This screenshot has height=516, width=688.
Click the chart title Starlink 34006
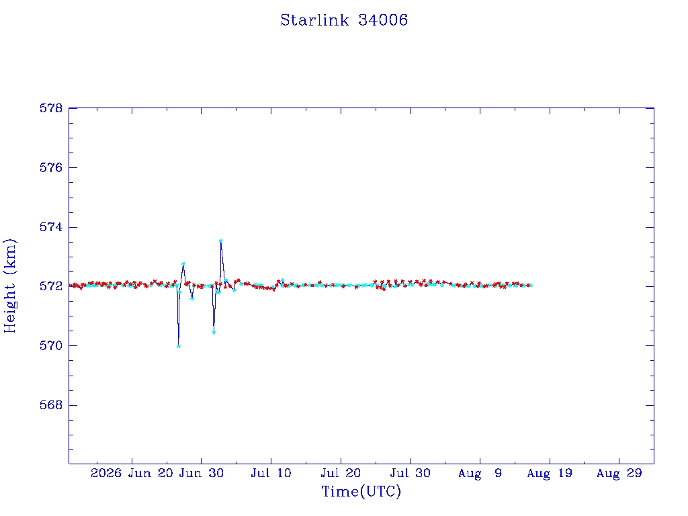344,20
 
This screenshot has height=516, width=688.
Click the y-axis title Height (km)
9,286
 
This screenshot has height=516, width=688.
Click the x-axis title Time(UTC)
361,491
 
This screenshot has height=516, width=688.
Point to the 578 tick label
51,108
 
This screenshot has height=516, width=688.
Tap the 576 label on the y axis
51,167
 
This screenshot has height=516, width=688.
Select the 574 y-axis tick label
51,227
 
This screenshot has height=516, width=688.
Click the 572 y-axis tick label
51,286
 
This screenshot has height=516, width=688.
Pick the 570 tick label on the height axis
51,346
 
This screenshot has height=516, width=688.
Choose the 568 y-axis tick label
51,405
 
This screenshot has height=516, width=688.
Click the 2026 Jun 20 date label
132,473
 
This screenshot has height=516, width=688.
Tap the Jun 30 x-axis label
202,473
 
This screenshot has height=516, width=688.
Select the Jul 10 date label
271,473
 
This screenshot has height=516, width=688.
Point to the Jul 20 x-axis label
341,473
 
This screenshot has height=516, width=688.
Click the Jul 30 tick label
411,473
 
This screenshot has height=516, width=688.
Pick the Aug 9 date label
480,473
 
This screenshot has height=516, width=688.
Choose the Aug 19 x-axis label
550,473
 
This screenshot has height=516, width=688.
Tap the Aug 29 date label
619,473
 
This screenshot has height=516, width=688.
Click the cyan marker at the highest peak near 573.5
220,241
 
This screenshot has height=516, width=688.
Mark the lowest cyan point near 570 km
179,347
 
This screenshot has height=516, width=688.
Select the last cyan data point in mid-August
531,286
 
